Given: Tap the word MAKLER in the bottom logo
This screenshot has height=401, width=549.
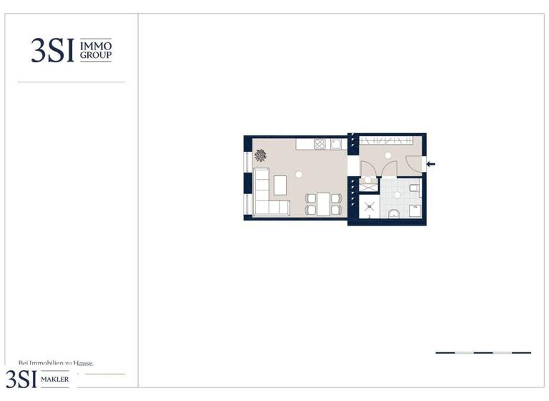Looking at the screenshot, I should (x=55, y=379).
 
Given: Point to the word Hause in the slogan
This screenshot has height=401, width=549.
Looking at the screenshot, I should (x=81, y=364).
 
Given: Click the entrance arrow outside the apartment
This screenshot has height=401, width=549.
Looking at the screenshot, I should (x=430, y=164).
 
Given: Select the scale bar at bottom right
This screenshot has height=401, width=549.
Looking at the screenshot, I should (x=483, y=352).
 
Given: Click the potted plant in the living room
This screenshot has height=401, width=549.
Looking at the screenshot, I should (x=260, y=155).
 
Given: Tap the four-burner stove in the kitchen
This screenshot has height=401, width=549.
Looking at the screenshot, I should (x=320, y=143).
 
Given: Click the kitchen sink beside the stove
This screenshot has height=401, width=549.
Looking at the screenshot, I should (x=335, y=143).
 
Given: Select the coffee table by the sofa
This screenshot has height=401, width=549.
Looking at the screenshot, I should (x=280, y=185).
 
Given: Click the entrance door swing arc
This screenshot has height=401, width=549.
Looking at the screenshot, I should (x=413, y=163).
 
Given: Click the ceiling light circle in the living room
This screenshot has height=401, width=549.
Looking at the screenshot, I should (x=299, y=174).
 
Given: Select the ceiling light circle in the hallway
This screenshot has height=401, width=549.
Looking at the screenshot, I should (x=388, y=155).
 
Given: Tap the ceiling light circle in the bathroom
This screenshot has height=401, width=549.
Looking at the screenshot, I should (x=397, y=195).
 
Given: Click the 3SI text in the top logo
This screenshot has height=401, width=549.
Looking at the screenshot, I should (x=52, y=50).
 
